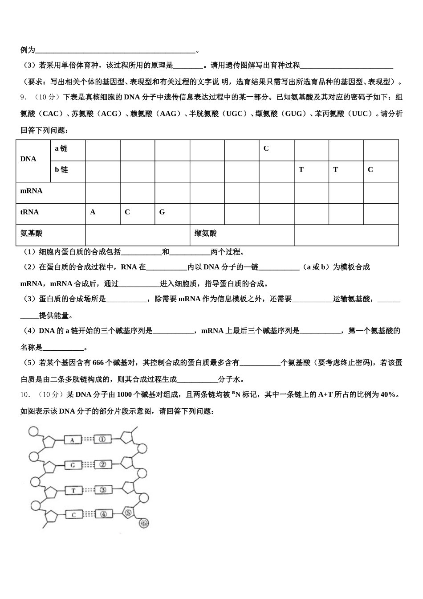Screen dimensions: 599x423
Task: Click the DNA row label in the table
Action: pos(28,159)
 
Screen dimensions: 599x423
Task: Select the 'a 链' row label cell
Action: pos(61,148)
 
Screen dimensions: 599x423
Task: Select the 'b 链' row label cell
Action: pos(61,170)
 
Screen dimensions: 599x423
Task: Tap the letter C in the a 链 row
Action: pos(266,148)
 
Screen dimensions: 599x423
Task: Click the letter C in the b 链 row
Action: pos(370,170)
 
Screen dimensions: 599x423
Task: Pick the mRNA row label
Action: pos(31,191)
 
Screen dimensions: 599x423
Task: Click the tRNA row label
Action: pos(29,212)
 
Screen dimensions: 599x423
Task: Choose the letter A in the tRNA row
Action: pos(93,212)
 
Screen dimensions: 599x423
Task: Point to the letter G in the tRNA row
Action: pos(162,212)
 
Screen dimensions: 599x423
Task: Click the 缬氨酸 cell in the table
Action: pos(206,234)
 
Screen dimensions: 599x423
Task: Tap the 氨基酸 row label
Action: pos(31,234)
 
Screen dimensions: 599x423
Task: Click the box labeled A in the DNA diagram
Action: pos(72,440)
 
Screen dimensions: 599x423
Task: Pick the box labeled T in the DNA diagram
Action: pos(73,490)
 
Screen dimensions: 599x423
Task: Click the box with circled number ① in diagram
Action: pos(102,439)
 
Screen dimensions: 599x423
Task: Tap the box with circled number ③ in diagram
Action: pos(103,490)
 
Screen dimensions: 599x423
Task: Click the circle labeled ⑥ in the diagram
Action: pos(143,523)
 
